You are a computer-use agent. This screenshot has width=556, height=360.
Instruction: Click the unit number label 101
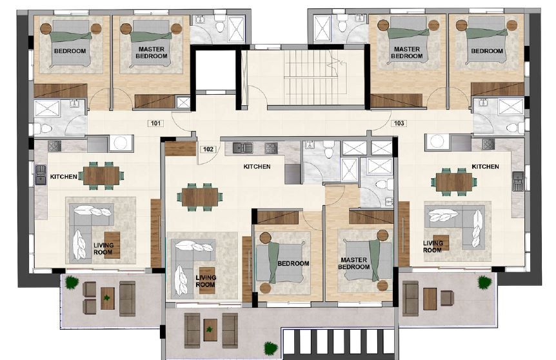coord(155,123)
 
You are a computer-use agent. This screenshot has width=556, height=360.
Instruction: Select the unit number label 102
coord(208,148)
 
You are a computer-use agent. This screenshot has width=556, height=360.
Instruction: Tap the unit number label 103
coord(399,123)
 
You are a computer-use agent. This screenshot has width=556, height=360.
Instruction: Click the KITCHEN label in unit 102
coord(257,167)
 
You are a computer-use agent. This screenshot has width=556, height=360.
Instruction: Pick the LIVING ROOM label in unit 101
coord(103,248)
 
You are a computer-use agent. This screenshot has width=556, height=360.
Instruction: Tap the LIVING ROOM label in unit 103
coord(433,246)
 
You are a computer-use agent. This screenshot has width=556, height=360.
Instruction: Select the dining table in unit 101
coord(101,175)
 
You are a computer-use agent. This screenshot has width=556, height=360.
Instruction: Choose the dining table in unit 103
coord(454,181)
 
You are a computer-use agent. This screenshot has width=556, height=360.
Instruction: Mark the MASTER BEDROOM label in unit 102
coord(353,264)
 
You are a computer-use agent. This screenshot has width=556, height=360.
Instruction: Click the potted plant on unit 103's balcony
coord(483,282)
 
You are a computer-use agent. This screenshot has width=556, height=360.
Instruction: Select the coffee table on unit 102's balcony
coord(210,328)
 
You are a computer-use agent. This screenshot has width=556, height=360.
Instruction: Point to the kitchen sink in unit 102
coord(243,148)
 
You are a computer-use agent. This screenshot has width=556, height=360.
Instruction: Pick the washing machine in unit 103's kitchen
coord(435,141)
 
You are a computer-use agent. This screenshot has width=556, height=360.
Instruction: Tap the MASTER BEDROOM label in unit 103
coord(407,53)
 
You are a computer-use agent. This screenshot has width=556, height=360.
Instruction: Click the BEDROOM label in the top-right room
coord(487,51)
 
